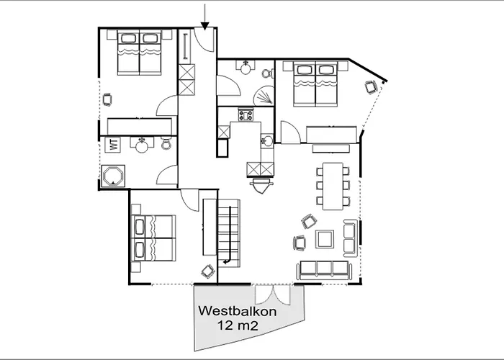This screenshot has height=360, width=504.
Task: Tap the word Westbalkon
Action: click(x=237, y=311)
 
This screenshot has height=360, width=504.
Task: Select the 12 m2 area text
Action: click(x=238, y=325)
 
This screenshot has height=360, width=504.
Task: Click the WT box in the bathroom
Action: click(x=113, y=144)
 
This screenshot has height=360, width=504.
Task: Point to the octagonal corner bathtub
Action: click(x=113, y=176)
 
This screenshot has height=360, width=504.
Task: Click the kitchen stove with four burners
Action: click(x=246, y=114)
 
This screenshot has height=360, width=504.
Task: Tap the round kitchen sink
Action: click(x=267, y=140)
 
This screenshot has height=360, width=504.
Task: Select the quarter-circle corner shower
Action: click(x=264, y=95)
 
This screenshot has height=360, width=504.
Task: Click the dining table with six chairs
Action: click(x=333, y=186)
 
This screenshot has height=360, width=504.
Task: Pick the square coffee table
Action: click(x=325, y=239)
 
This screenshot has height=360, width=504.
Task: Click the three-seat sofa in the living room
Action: click(x=324, y=270)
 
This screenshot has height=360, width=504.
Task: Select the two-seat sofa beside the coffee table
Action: click(x=351, y=238)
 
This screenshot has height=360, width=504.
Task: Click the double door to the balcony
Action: click(x=273, y=294)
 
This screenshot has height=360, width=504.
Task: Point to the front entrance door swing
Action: click(x=204, y=40)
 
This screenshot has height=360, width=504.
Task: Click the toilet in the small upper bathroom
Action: click(x=267, y=73)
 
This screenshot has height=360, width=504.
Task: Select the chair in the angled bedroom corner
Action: click(x=372, y=87)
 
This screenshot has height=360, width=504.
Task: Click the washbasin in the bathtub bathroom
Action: click(x=142, y=144)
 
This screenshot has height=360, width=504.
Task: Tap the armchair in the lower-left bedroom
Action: click(x=208, y=271)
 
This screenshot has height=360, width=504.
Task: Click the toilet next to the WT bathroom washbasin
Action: click(x=166, y=143)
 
